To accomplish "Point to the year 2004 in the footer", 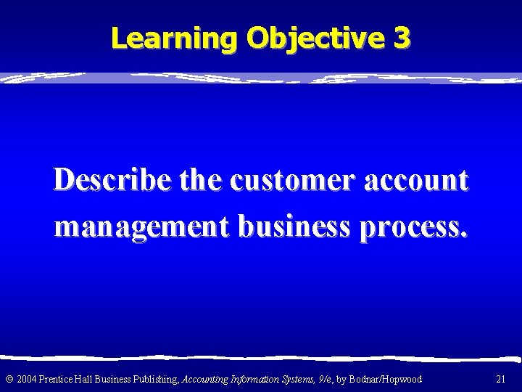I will [x=27, y=380].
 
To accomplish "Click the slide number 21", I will [x=500, y=380].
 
